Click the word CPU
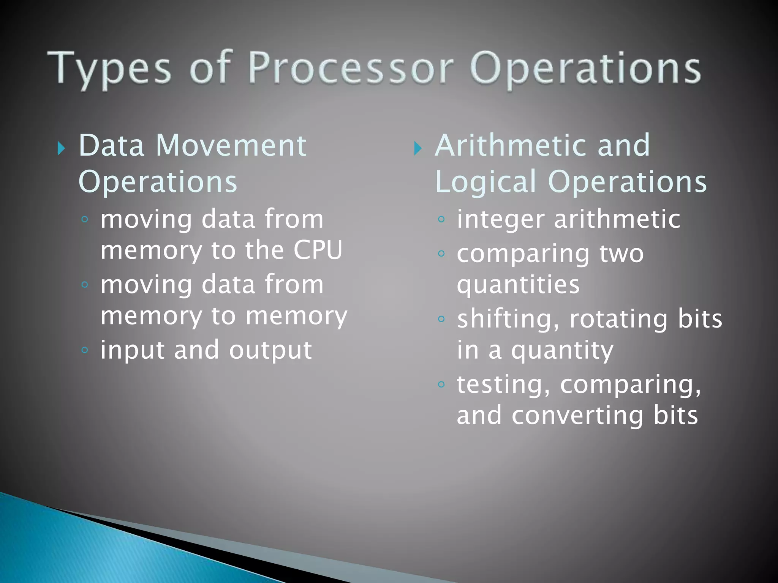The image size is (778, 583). pyautogui.click(x=318, y=250)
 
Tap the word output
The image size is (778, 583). pyautogui.click(x=270, y=350)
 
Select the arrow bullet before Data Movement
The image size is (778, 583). pyautogui.click(x=61, y=148)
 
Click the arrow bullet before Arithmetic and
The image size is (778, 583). pyautogui.click(x=417, y=148)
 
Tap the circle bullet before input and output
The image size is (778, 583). pyautogui.click(x=85, y=350)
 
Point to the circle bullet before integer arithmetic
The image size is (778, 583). pyautogui.click(x=441, y=219)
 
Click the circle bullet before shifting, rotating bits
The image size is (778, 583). pyautogui.click(x=441, y=319)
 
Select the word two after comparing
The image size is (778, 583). pyautogui.click(x=621, y=254)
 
